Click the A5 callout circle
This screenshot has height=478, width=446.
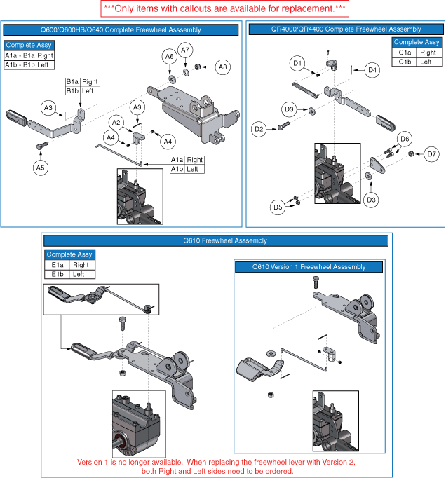[40, 167]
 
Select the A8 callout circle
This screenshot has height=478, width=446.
[222, 67]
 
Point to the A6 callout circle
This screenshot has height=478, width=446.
[169, 56]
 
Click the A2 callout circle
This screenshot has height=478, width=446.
[117, 123]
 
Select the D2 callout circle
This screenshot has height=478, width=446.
[259, 128]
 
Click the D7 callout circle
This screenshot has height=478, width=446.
[431, 154]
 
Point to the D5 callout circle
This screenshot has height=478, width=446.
[278, 207]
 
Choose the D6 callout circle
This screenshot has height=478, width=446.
[404, 139]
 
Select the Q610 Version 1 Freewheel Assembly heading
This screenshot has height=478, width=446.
[309, 267]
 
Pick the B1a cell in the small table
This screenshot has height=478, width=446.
[72, 82]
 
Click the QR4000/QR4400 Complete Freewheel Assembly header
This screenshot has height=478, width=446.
[345, 29]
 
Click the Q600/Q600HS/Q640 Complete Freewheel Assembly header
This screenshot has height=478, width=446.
[122, 29]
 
